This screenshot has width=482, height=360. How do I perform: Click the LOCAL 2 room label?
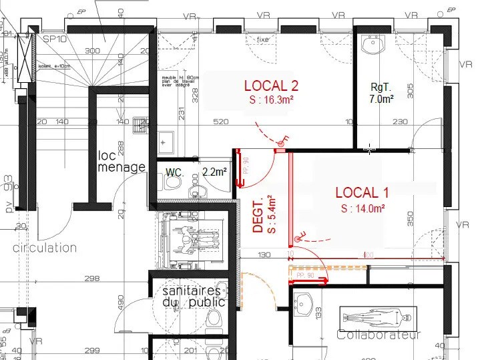(x=270, y=85)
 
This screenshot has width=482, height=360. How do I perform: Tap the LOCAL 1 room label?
(x=361, y=193)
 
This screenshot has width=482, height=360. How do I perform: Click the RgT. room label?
(x=381, y=86)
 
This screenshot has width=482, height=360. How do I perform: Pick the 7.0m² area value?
(x=381, y=98)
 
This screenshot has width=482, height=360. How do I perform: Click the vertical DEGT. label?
(x=259, y=214)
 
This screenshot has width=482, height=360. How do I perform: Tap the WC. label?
(x=175, y=172)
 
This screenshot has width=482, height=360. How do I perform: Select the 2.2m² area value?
(x=215, y=172)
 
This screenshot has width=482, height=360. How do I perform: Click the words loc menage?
(x=121, y=161)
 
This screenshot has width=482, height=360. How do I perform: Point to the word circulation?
(x=44, y=248)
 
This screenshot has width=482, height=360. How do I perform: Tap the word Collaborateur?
(x=379, y=335)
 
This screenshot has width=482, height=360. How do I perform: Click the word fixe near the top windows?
(x=263, y=39)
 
